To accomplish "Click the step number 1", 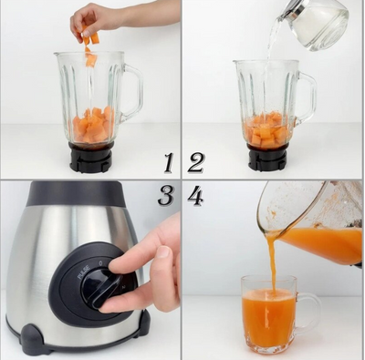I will [168, 163].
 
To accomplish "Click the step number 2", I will [195, 163].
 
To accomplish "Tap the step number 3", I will [166, 194].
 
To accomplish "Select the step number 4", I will [195, 194].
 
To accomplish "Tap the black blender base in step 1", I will [91, 158].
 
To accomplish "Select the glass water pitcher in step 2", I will [315, 22].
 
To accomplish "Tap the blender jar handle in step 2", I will [307, 96].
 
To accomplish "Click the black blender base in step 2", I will [266, 158].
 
